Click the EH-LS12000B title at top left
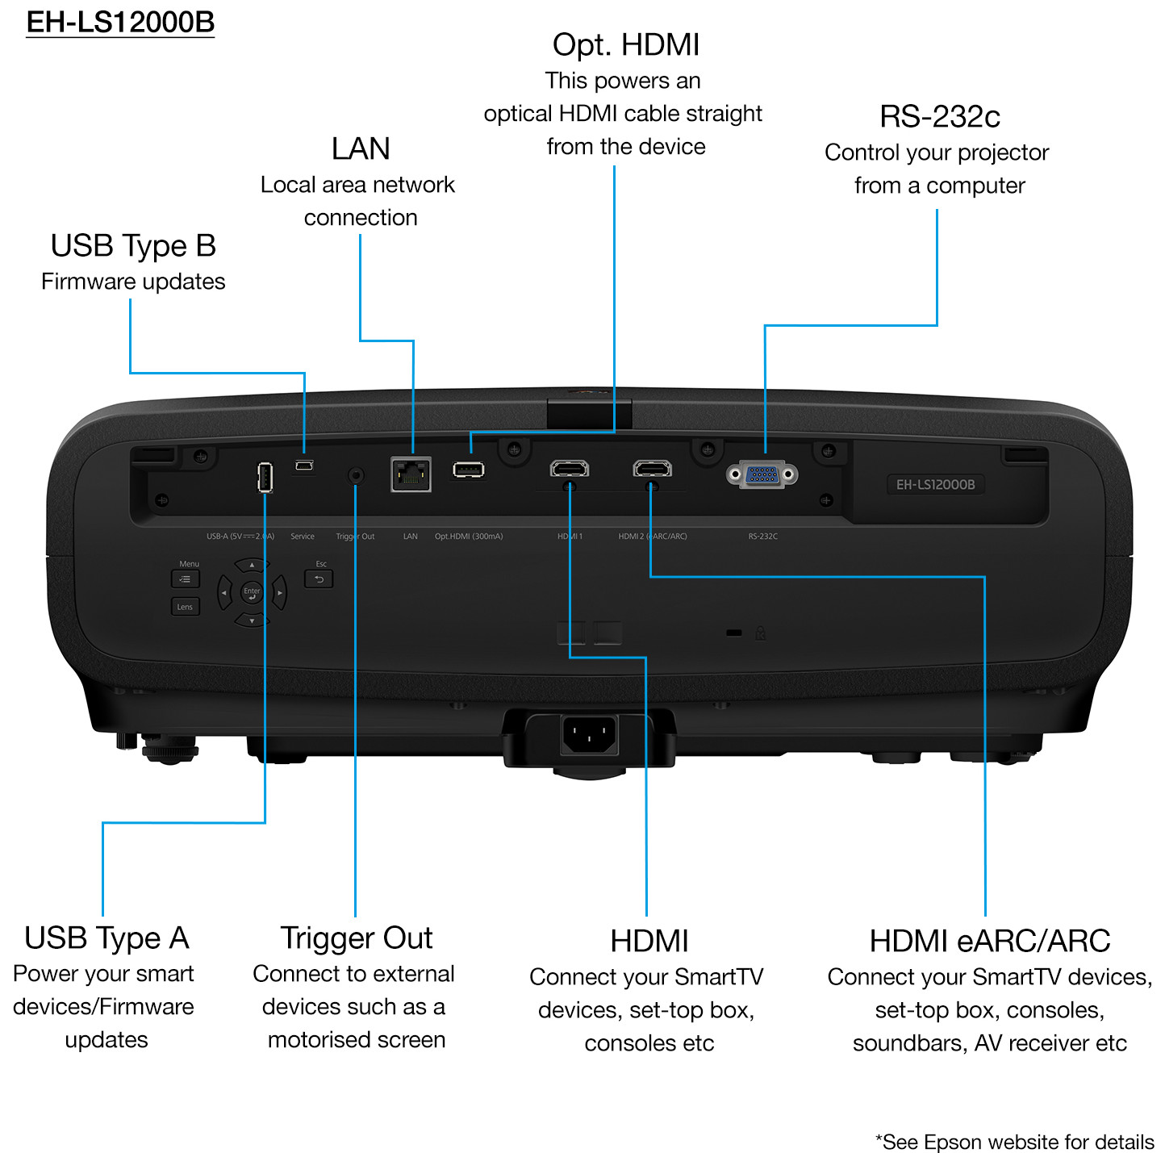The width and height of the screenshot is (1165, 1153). pyautogui.click(x=120, y=22)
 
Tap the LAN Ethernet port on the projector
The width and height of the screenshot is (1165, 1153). pyautogui.click(x=411, y=474)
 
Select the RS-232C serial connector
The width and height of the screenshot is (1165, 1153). pyautogui.click(x=762, y=474)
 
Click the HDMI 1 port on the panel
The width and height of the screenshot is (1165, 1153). pyautogui.click(x=570, y=468)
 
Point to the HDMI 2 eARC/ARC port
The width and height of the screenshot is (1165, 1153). pyautogui.click(x=652, y=468)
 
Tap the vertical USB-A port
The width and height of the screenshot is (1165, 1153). pyautogui.click(x=265, y=477)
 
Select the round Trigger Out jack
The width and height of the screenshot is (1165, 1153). pyautogui.click(x=355, y=475)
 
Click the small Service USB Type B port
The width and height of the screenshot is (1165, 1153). pyautogui.click(x=303, y=466)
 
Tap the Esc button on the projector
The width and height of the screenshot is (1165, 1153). pyautogui.click(x=319, y=579)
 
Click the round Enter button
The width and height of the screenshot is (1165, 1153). pyautogui.click(x=252, y=593)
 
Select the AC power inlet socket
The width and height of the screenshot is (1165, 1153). pyautogui.click(x=589, y=734)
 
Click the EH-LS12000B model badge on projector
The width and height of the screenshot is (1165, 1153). pyautogui.click(x=935, y=484)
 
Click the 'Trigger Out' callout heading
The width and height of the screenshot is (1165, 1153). pyautogui.click(x=356, y=938)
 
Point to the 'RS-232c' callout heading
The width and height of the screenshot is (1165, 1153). pyautogui.click(x=940, y=117)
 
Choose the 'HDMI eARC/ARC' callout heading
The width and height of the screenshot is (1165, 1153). pyautogui.click(x=990, y=941)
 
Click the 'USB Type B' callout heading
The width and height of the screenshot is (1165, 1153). pyautogui.click(x=133, y=246)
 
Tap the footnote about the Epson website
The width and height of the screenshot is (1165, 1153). pyautogui.click(x=1014, y=1142)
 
